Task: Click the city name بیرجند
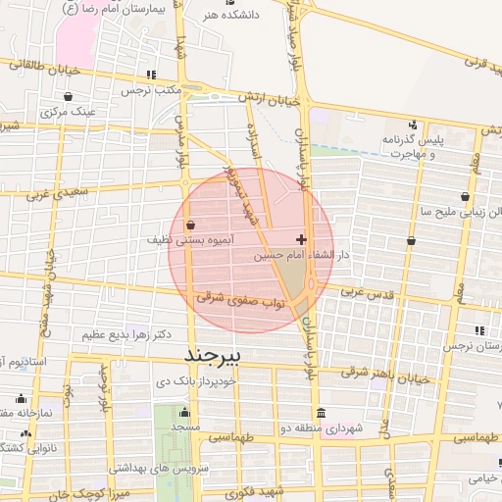pyautogui.click(x=225, y=350)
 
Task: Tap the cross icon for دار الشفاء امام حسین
pyautogui.click(x=300, y=239)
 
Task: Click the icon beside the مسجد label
pyautogui.click(x=185, y=411)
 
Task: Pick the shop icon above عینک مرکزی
pyautogui.click(x=68, y=96)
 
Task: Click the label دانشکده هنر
pyautogui.click(x=222, y=16)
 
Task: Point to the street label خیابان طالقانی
pyautogui.click(x=39, y=68)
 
